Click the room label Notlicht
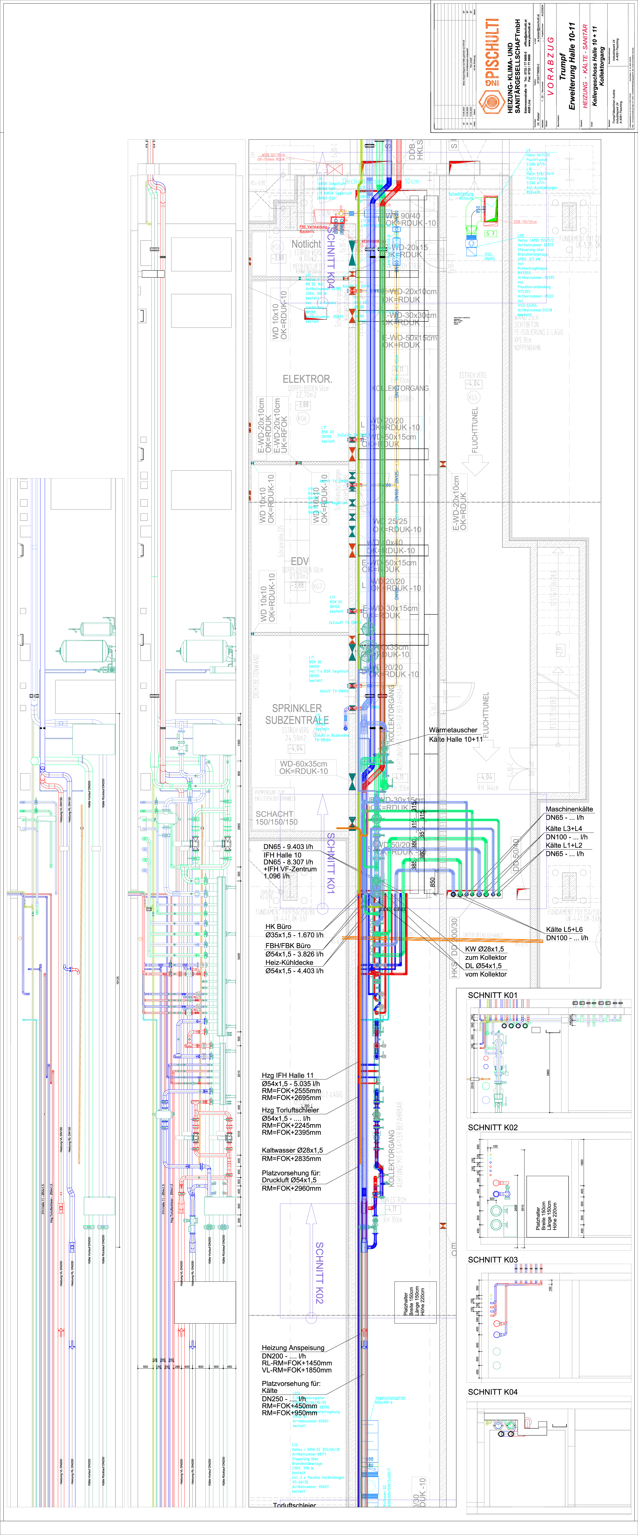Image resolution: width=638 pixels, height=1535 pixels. coord(306,244)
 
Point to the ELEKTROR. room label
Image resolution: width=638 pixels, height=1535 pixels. coord(307,379)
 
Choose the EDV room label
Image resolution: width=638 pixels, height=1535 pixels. coord(300,561)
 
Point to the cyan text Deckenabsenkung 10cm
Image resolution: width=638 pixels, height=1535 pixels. coord(380,181)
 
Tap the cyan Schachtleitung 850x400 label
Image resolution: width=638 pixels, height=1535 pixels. coord(461,195)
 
